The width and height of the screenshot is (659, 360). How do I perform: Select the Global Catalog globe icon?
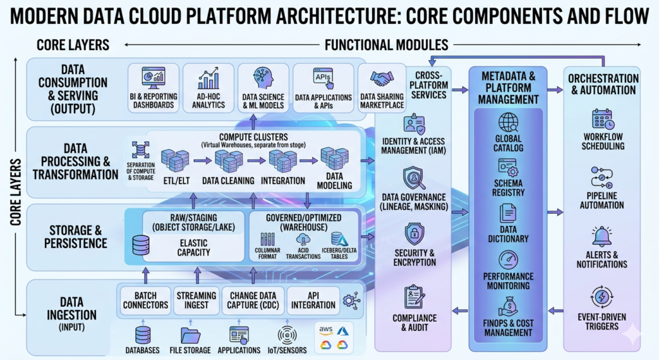508,122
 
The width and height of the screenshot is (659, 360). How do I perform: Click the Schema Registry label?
508,187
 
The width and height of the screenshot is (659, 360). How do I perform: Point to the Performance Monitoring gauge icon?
508,261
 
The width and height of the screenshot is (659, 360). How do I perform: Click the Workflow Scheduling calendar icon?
603,120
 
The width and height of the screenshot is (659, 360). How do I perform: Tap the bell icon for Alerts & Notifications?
603,236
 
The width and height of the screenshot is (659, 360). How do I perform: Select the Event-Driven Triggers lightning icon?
603,298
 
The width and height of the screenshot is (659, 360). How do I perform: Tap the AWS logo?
326,330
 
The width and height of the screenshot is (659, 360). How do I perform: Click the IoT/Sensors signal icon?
287,336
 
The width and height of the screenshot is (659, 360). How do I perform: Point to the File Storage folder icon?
191,336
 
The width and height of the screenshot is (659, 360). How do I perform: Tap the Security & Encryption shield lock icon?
415,233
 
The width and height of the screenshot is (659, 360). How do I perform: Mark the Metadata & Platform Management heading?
508,88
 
